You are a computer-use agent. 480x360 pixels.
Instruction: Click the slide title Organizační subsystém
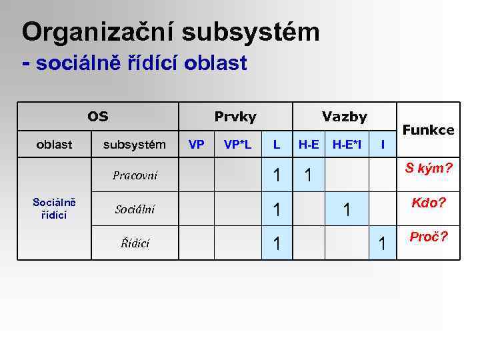pyautogui.click(x=171, y=32)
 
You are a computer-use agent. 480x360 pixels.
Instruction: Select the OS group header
pyautogui.click(x=97, y=117)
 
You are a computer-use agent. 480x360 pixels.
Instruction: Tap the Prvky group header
pyautogui.click(x=235, y=117)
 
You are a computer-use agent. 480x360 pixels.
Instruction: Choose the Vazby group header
pyautogui.click(x=344, y=117)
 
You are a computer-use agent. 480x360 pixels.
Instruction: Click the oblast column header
pyautogui.click(x=55, y=144)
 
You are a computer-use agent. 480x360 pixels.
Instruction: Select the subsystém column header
pyautogui.click(x=134, y=144)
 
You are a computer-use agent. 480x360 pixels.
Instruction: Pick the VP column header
pyautogui.click(x=196, y=144)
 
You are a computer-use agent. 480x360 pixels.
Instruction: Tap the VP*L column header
pyautogui.click(x=237, y=144)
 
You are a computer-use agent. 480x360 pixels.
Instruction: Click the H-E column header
pyautogui.click(x=308, y=144)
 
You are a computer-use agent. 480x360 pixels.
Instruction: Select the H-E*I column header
pyautogui.click(x=347, y=144)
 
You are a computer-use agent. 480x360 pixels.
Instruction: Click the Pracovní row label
pyautogui.click(x=135, y=176)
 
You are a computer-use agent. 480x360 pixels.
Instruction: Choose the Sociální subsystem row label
pyautogui.click(x=135, y=209)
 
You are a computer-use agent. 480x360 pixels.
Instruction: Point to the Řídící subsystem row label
pyautogui.click(x=135, y=243)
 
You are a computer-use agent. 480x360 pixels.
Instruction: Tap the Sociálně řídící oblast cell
pyautogui.click(x=55, y=209)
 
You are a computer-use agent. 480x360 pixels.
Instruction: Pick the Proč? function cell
pyautogui.click(x=429, y=237)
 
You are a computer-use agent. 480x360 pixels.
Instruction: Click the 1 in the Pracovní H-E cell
pyautogui.click(x=308, y=177)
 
